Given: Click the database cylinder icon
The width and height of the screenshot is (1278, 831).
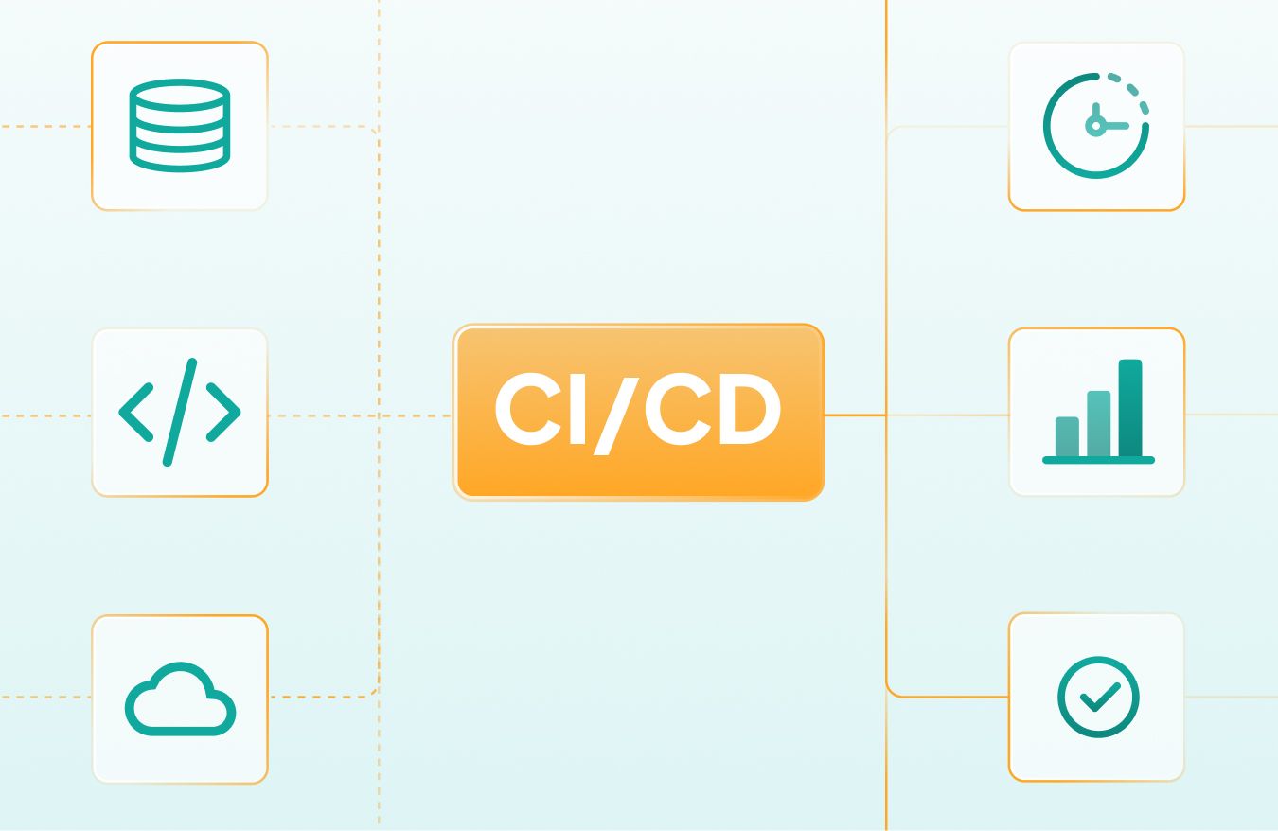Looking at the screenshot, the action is pyautogui.click(x=180, y=126).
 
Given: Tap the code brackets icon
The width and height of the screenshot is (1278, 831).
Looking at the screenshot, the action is pyautogui.click(x=180, y=412).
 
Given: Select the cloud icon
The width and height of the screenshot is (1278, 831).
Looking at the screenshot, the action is pyautogui.click(x=180, y=698).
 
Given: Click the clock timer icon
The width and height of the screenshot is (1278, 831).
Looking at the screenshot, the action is pyautogui.click(x=1096, y=126).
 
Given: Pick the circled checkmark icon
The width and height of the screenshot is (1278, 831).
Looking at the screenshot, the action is pyautogui.click(x=1098, y=697).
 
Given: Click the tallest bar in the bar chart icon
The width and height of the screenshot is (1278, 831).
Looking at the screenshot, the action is pyautogui.click(x=1130, y=408).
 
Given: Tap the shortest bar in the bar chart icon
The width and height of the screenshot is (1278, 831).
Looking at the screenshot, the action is pyautogui.click(x=1067, y=437).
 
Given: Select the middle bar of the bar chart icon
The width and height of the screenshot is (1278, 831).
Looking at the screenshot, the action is pyautogui.click(x=1099, y=424).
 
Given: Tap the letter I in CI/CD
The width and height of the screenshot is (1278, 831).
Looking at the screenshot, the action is pyautogui.click(x=577, y=409).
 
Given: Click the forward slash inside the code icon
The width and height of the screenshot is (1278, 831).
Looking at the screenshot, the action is pyautogui.click(x=180, y=412).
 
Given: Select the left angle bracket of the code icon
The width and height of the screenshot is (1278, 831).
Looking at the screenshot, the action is pyautogui.click(x=135, y=412).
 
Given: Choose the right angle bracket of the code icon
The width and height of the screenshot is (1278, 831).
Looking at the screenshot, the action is pyautogui.click(x=223, y=412).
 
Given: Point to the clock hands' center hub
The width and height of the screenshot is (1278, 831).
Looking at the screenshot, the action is pyautogui.click(x=1095, y=126).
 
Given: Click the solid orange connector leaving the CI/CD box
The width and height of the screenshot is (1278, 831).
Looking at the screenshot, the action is pyautogui.click(x=855, y=415).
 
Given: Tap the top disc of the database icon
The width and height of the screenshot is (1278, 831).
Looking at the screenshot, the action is pyautogui.click(x=180, y=96).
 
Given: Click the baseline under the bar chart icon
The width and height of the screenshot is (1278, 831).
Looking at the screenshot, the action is pyautogui.click(x=1098, y=460).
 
